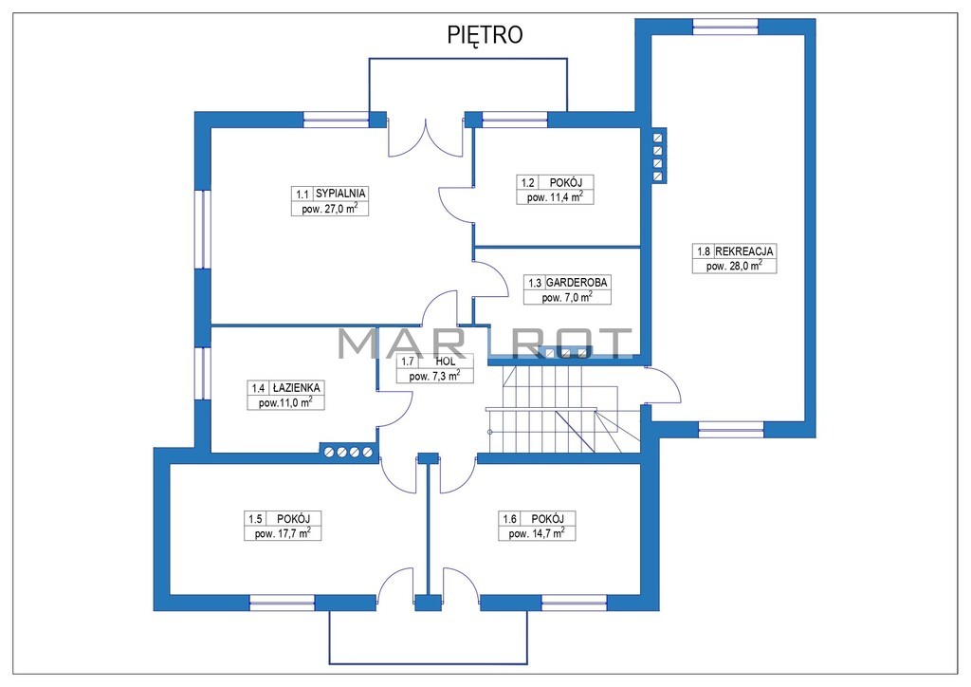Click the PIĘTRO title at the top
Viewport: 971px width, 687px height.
pos(485,35)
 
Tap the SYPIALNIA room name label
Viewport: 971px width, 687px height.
pos(340,194)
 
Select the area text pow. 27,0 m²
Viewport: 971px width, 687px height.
pos(329,208)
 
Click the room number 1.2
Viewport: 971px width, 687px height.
pos(527,183)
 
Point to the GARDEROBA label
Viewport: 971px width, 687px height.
pos(577,283)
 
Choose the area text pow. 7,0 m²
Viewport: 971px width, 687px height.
pos(567,297)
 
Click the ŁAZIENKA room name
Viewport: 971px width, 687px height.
pos(296,388)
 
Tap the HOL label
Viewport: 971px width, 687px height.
pos(445,362)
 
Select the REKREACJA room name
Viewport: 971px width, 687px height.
pos(744,251)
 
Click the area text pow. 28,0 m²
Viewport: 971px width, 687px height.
pos(734,267)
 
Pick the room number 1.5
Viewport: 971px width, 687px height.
pos(255,519)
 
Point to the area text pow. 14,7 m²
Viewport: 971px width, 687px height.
pos(537,533)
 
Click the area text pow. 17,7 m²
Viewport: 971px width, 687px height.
pos(283,533)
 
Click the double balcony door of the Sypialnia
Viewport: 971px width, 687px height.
pos(426,138)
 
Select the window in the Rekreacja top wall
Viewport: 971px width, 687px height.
pos(725,27)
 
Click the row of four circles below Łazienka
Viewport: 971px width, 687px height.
pos(349,453)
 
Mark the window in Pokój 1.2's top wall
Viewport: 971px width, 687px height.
pos(515,120)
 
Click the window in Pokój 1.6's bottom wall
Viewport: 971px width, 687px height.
pos(574,603)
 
